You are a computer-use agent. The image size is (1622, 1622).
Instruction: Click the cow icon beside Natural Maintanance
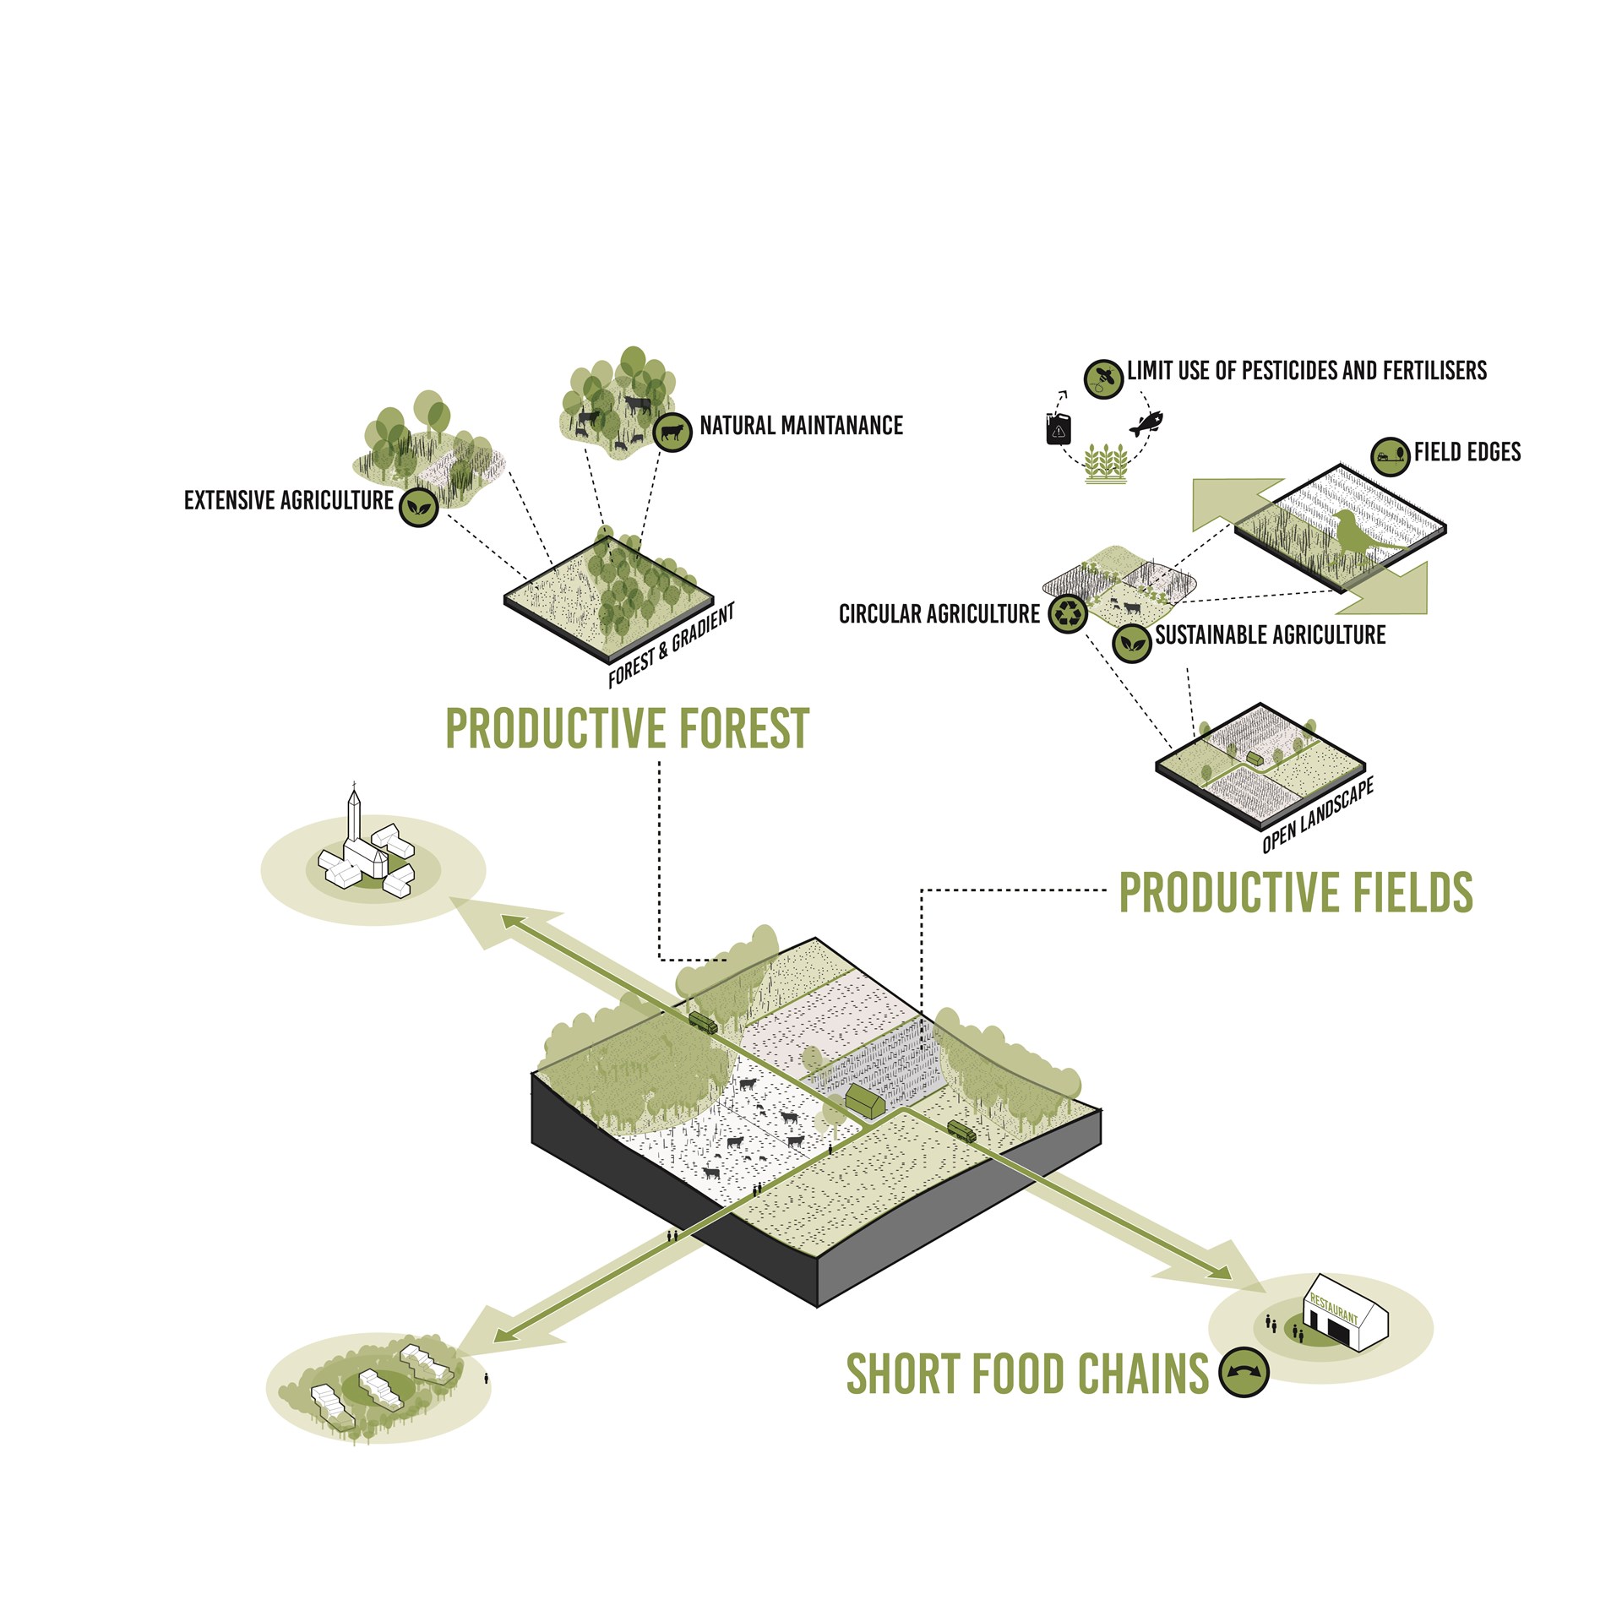tap(672, 433)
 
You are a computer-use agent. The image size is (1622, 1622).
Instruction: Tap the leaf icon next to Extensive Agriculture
tap(417, 507)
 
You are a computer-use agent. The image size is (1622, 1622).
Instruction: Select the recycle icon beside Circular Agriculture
tap(1069, 613)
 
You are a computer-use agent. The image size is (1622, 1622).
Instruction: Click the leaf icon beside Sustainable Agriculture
tap(1132, 643)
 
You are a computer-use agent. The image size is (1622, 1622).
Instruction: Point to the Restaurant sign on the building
tap(1333, 1309)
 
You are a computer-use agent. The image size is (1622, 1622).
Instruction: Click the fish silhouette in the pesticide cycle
tap(1146, 422)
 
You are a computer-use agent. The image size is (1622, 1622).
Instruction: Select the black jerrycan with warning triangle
tap(1059, 428)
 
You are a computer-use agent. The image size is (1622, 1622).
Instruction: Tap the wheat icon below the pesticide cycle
tap(1106, 463)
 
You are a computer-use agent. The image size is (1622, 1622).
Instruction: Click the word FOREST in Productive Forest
tap(744, 729)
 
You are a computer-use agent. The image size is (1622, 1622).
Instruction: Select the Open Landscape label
tap(1317, 816)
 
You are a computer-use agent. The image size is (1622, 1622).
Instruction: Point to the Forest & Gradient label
tap(671, 645)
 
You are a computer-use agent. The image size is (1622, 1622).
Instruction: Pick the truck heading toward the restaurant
tap(961, 1131)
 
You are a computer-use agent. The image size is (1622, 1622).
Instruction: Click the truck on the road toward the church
tap(703, 1023)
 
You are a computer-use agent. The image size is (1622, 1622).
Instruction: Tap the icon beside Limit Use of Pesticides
tap(1103, 377)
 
